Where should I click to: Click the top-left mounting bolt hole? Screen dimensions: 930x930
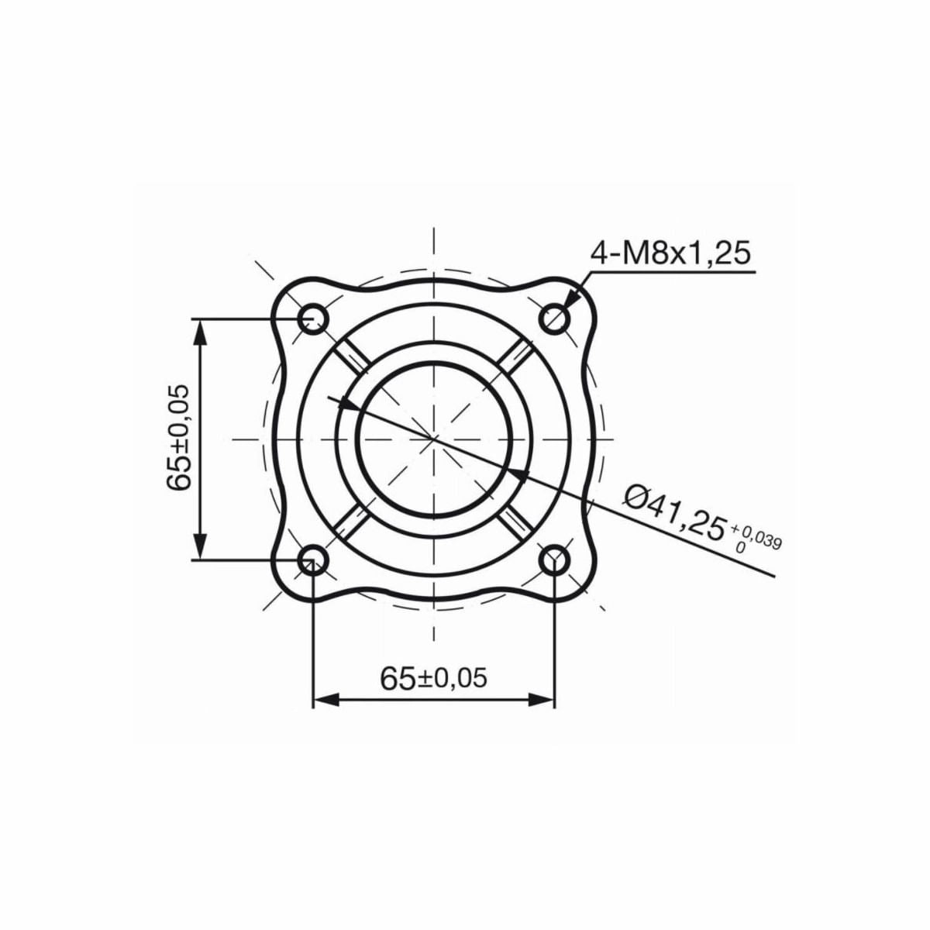pyautogui.click(x=313, y=318)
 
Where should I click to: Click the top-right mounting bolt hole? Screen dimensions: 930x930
pyautogui.click(x=555, y=318)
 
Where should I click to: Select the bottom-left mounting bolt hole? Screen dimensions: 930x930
pyautogui.click(x=313, y=560)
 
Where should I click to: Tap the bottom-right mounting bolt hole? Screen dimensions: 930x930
pyautogui.click(x=555, y=560)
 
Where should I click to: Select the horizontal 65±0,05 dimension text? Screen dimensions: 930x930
pyautogui.click(x=434, y=678)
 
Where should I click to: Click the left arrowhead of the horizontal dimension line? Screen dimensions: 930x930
pyautogui.click(x=322, y=700)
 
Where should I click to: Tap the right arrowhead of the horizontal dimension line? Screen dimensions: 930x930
pyautogui.click(x=545, y=700)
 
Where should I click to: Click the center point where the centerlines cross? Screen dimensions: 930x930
pyautogui.click(x=434, y=439)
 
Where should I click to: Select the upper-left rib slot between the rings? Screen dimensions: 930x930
pyautogui.click(x=354, y=357)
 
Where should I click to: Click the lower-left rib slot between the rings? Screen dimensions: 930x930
pyautogui.click(x=354, y=520)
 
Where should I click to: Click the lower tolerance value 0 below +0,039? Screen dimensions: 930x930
pyautogui.click(x=740, y=547)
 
